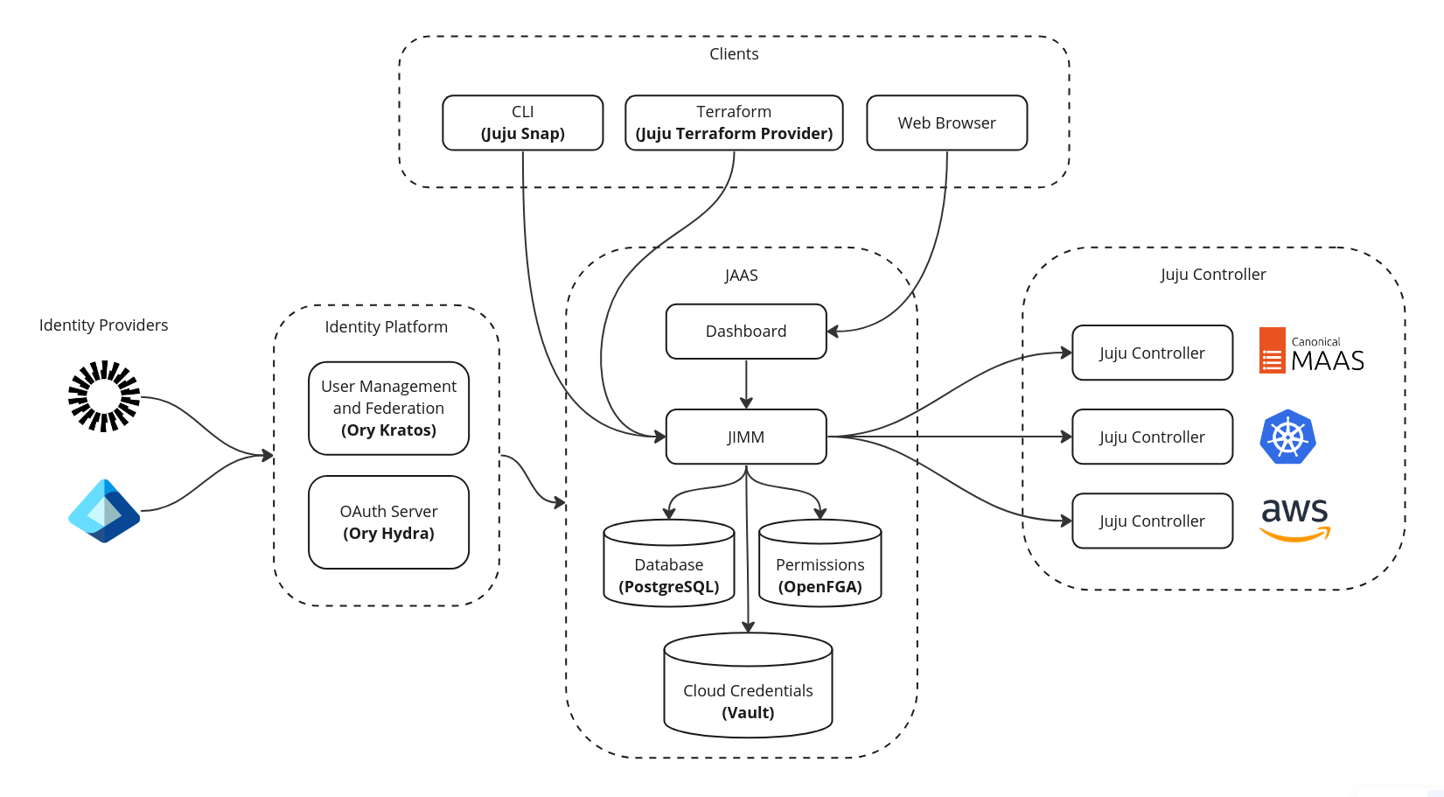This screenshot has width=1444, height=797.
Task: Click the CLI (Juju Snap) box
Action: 523,122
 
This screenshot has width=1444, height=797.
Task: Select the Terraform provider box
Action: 735,122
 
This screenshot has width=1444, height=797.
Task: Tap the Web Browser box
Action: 947,122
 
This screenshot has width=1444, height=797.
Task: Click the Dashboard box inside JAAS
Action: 746,332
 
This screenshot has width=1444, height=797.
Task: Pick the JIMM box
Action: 746,437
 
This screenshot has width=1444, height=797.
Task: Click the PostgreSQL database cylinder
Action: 669,563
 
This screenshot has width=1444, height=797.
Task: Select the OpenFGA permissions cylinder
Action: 820,563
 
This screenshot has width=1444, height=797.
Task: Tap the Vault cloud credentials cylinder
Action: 748,685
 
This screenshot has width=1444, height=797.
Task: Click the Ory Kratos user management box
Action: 388,409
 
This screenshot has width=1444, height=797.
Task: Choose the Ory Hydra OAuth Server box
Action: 388,522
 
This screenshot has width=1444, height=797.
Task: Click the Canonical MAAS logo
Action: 1311,350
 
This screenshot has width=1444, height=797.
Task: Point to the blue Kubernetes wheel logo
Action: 1287,437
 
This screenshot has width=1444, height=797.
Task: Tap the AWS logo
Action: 1294,520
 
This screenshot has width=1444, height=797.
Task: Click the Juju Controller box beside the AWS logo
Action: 1153,521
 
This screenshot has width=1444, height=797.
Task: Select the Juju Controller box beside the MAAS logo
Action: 1153,353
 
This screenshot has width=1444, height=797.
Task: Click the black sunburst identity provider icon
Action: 104,396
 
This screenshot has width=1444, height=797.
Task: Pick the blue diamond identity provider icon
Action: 104,511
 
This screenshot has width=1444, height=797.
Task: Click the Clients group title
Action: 734,53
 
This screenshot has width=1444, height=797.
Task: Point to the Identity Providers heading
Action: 103,325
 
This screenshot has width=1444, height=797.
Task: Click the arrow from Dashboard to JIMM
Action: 747,384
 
